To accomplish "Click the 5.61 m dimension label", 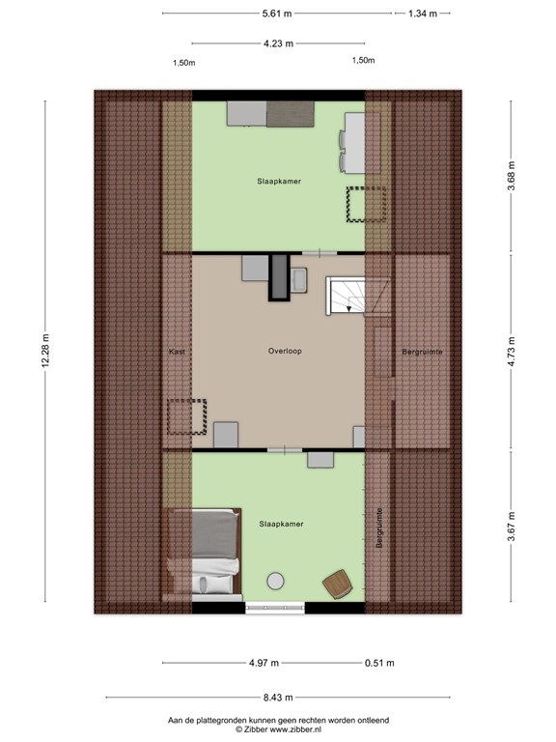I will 278,14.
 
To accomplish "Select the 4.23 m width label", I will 278,43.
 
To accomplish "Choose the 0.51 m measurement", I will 380,663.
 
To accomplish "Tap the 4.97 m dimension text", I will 263,663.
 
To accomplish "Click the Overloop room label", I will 285,352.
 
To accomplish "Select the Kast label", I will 176,352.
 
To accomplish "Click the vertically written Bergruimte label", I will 379,528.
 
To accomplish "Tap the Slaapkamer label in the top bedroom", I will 279,181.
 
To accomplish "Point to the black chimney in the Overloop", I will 279,276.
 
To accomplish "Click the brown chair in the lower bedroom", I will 334,584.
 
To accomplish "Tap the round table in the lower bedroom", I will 276,581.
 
